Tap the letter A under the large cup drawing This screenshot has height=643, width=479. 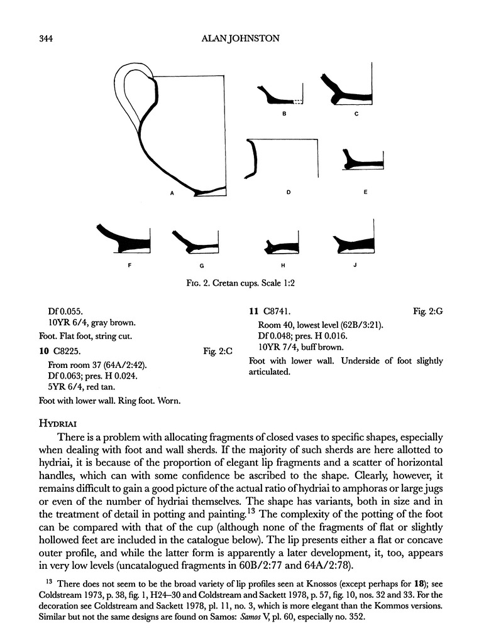[172, 194]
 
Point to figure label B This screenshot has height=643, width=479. [284, 114]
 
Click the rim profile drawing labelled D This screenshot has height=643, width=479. [254, 157]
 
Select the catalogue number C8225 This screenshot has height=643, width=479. [70, 351]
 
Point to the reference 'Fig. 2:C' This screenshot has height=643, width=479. [218, 352]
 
